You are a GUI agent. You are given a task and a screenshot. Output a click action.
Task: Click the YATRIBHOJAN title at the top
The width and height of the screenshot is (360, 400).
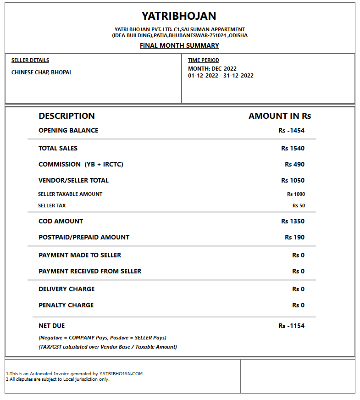pyautogui.click(x=179, y=16)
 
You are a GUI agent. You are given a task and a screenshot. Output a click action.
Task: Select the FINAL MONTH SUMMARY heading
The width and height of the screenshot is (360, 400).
pyautogui.click(x=179, y=45)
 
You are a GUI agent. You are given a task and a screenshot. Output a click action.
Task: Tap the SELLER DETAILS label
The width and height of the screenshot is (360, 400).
pyautogui.click(x=30, y=60)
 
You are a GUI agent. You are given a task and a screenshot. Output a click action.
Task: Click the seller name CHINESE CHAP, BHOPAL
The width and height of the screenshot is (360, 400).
pyautogui.click(x=42, y=72)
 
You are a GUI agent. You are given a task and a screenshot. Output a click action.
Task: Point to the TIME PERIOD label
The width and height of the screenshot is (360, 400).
pyautogui.click(x=204, y=60)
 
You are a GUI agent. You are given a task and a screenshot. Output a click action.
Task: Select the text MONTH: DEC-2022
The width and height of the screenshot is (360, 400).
pyautogui.click(x=212, y=69)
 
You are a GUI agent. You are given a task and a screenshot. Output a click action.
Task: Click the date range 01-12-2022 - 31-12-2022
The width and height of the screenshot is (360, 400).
pyautogui.click(x=221, y=76)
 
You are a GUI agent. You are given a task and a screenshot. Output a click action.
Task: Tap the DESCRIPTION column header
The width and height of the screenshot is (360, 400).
pyautogui.click(x=66, y=116)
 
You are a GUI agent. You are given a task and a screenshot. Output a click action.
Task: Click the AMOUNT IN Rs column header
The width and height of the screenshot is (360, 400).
pyautogui.click(x=280, y=116)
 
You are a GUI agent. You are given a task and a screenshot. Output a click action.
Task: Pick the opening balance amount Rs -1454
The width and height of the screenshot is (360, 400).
pyautogui.click(x=291, y=130)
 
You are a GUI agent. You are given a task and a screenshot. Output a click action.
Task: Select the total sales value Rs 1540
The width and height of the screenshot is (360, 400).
pyautogui.click(x=293, y=148)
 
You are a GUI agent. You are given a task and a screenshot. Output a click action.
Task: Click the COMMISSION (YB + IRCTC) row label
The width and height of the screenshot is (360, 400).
pyautogui.click(x=81, y=164)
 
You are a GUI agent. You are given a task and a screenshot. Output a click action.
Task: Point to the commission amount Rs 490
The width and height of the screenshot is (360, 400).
pyautogui.click(x=294, y=164)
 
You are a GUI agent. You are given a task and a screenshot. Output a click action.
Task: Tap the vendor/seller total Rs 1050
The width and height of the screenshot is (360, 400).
pyautogui.click(x=293, y=180)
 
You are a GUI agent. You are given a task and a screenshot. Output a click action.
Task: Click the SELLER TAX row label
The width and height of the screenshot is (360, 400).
pyautogui.click(x=52, y=206)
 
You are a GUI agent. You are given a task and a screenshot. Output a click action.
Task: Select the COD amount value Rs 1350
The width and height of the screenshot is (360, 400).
pyautogui.click(x=293, y=221)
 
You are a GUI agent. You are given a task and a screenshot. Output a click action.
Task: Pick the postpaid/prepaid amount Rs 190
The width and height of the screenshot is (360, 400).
pyautogui.click(x=294, y=237)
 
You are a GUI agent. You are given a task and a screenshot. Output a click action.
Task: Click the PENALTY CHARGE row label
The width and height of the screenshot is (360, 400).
pyautogui.click(x=66, y=305)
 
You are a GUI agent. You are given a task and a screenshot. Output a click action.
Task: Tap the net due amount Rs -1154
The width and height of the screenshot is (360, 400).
pyautogui.click(x=291, y=326)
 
